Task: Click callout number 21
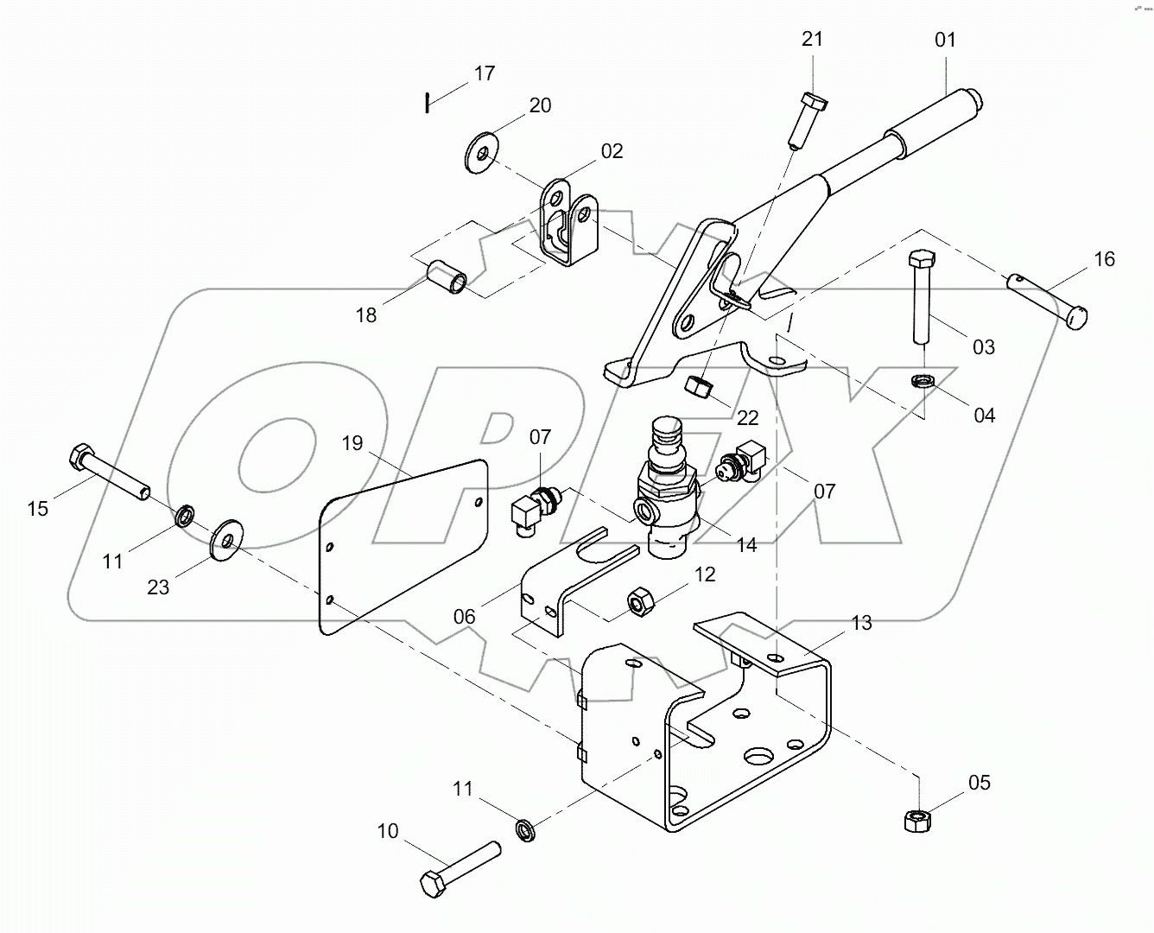[x=812, y=39]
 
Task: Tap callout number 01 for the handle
[x=945, y=40]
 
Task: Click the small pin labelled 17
[x=427, y=102]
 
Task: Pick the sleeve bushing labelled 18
[x=448, y=277]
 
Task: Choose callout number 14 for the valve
[x=747, y=544]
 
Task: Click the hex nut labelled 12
[x=640, y=600]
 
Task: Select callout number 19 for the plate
[x=352, y=444]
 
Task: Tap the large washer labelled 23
[x=227, y=540]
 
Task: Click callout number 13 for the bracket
[x=860, y=623]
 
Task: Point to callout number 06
[x=464, y=615]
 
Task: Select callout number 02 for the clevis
[x=612, y=152]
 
